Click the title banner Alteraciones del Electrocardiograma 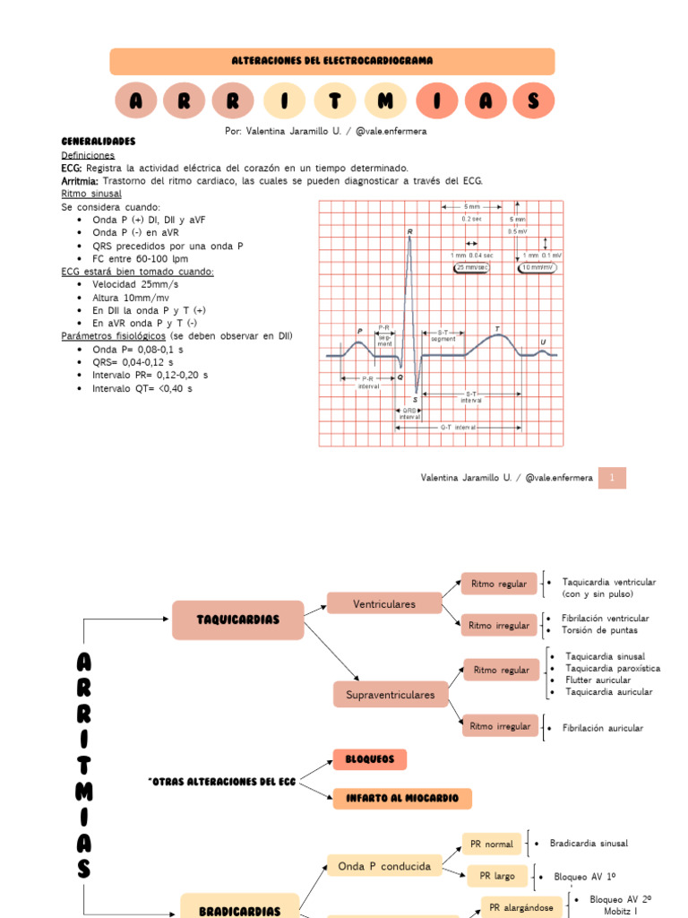(x=331, y=61)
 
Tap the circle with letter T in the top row (x=334, y=101)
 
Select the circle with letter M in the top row (x=385, y=101)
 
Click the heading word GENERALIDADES (x=98, y=142)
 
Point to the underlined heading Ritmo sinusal (x=91, y=193)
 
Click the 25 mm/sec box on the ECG (x=472, y=267)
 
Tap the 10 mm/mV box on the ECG (x=537, y=267)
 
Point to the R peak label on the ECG (x=410, y=232)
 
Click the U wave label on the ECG (x=542, y=342)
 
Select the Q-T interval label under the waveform (x=458, y=428)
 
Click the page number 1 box (x=612, y=478)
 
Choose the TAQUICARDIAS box (x=237, y=619)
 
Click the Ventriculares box (x=384, y=603)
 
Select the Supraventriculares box (x=391, y=694)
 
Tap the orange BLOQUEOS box (x=369, y=759)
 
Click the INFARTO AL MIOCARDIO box (x=402, y=798)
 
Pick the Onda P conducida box (x=384, y=866)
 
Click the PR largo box (x=497, y=876)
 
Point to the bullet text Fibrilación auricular (x=602, y=728)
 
